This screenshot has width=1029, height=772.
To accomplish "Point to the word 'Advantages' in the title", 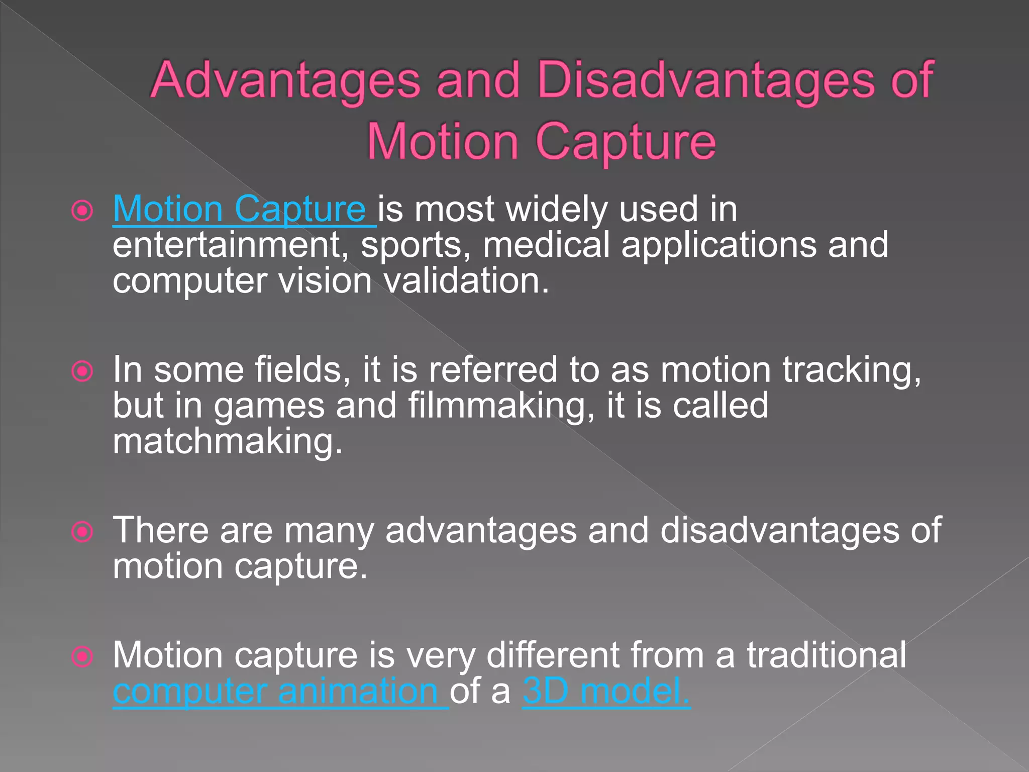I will click(285, 80).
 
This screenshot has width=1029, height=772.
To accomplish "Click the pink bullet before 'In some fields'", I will click(82, 372).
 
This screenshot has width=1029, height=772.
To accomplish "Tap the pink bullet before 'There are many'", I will click(82, 532).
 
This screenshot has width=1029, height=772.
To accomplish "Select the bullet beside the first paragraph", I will click(82, 211).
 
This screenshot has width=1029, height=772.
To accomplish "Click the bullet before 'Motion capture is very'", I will click(82, 656).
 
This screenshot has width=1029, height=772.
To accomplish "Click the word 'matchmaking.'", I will click(228, 442).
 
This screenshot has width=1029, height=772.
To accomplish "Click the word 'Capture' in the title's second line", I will click(626, 142).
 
